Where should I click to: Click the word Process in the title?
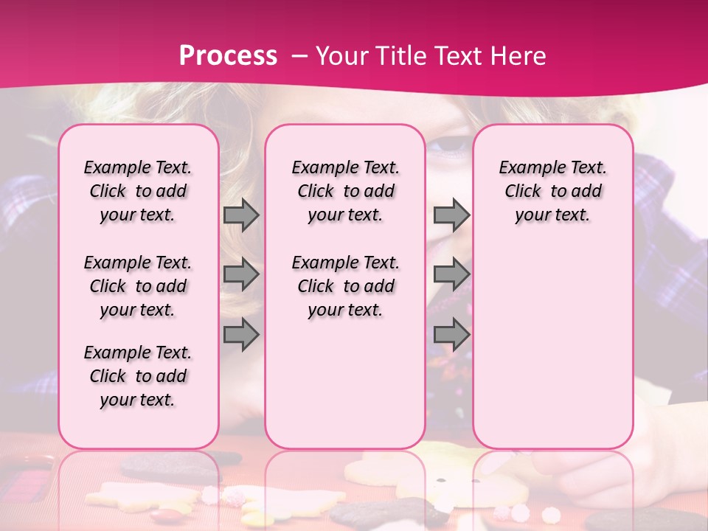pos(228,56)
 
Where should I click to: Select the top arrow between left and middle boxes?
pos(241,215)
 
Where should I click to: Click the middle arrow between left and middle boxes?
pos(241,274)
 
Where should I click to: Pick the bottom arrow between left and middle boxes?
pos(241,334)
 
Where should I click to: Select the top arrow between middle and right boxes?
pos(451,215)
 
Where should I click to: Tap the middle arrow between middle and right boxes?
pos(451,274)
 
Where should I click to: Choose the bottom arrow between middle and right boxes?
pos(451,334)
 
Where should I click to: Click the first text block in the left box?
pos(138,191)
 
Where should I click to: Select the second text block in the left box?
pos(138,286)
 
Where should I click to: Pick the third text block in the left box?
pos(138,376)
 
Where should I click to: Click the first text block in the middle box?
pos(346,191)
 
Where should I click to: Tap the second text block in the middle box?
pos(346,286)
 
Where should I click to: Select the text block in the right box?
pos(553,191)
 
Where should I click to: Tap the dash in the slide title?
pos(299,57)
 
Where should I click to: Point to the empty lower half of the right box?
pos(553,347)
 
